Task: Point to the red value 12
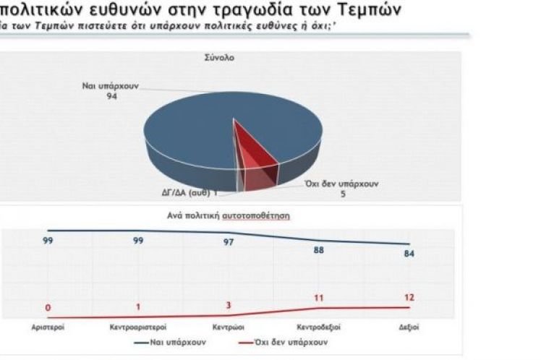(x=409, y=297)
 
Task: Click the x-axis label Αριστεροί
(x=48, y=327)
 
